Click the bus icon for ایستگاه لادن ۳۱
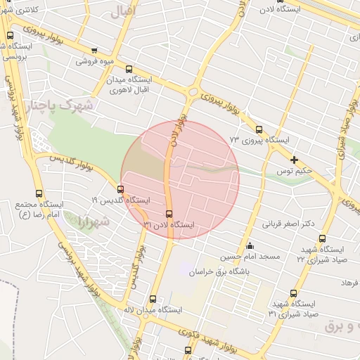(x=169, y=214)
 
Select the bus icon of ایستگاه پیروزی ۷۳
(x=259, y=129)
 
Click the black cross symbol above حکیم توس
(x=294, y=160)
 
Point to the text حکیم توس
(x=294, y=171)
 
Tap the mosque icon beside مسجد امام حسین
(x=250, y=245)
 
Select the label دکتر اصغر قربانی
(x=288, y=224)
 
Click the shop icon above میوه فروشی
(x=94, y=50)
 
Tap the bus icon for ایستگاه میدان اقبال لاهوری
(x=128, y=69)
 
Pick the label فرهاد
(x=349, y=281)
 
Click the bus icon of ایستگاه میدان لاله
(x=153, y=299)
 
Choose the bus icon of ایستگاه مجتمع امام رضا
(x=38, y=193)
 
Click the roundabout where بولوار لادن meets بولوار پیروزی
(x=192, y=91)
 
